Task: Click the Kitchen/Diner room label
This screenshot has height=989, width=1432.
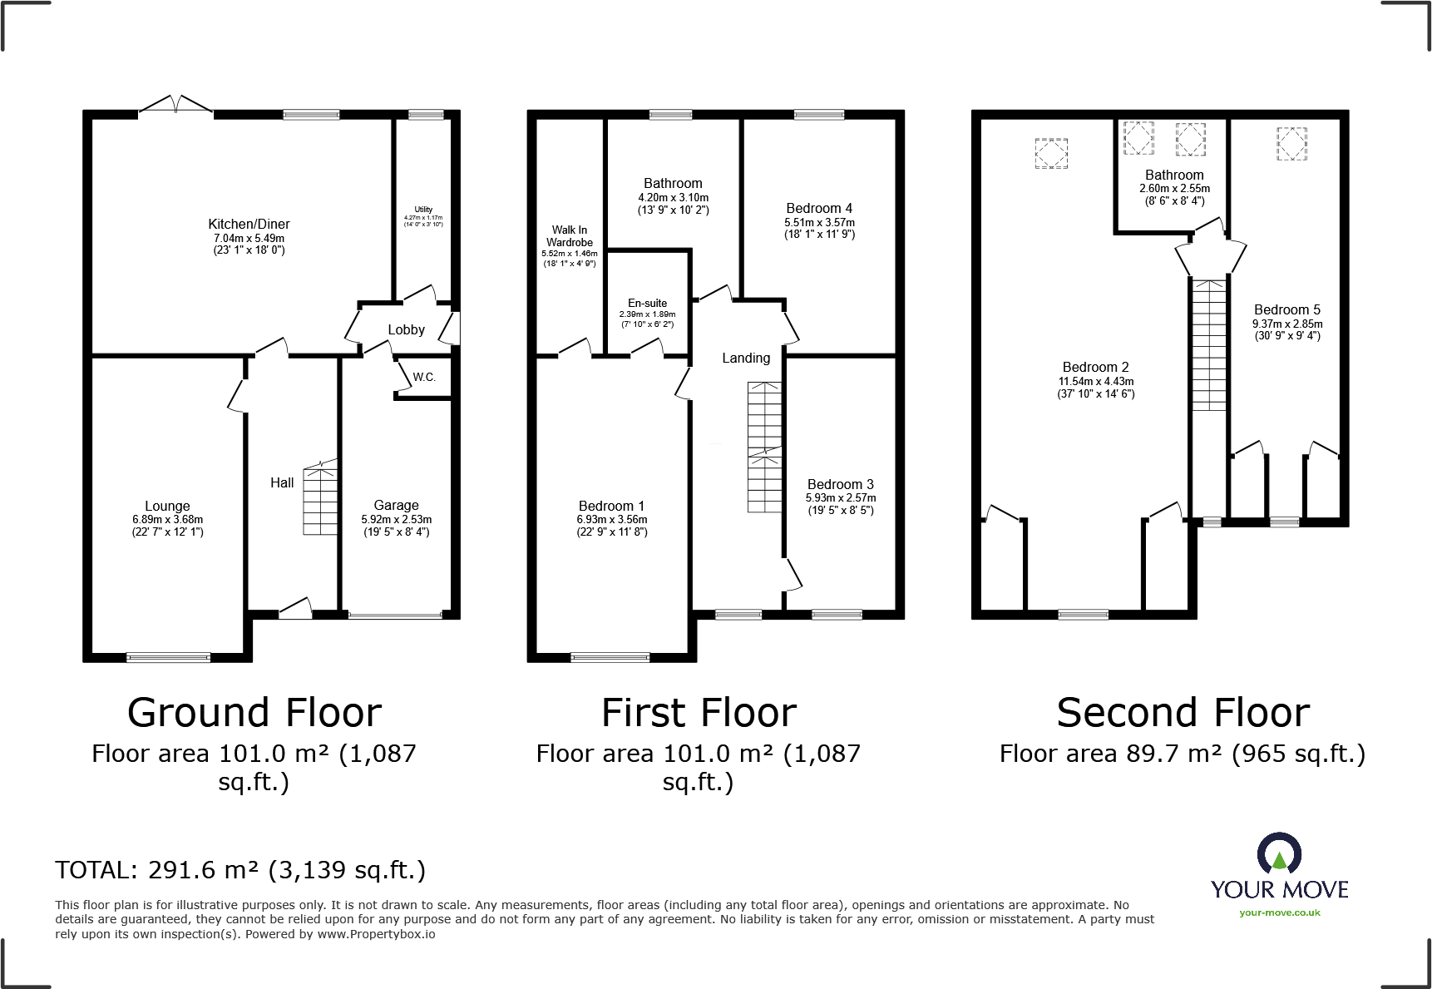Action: click(x=249, y=224)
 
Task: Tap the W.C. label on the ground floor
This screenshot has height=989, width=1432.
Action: click(x=424, y=377)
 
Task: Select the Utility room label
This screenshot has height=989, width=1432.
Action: click(x=423, y=210)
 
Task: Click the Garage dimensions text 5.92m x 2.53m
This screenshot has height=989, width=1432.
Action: click(x=397, y=519)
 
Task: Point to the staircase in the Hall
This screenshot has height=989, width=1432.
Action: click(x=320, y=500)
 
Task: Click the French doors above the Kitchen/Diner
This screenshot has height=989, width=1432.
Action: click(x=175, y=105)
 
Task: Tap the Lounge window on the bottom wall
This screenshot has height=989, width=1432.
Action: click(x=169, y=657)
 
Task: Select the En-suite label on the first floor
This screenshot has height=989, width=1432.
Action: click(x=647, y=304)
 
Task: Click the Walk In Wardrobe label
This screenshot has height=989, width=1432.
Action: click(x=570, y=236)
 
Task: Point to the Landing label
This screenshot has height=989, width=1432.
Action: click(x=746, y=358)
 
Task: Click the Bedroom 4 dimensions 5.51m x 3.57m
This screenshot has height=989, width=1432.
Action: click(x=819, y=222)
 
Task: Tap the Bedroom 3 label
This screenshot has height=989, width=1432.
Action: click(x=840, y=484)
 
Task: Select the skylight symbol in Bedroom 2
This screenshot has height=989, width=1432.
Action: click(x=1051, y=153)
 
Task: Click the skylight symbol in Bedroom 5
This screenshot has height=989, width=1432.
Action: click(x=1291, y=143)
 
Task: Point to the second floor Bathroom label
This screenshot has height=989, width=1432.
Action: click(x=1174, y=175)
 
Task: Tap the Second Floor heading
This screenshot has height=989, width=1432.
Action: click(x=1183, y=713)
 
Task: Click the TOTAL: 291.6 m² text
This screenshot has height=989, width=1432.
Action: click(x=240, y=870)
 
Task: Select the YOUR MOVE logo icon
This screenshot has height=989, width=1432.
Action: click(x=1279, y=853)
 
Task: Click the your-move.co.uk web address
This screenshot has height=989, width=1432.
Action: click(x=1279, y=912)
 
